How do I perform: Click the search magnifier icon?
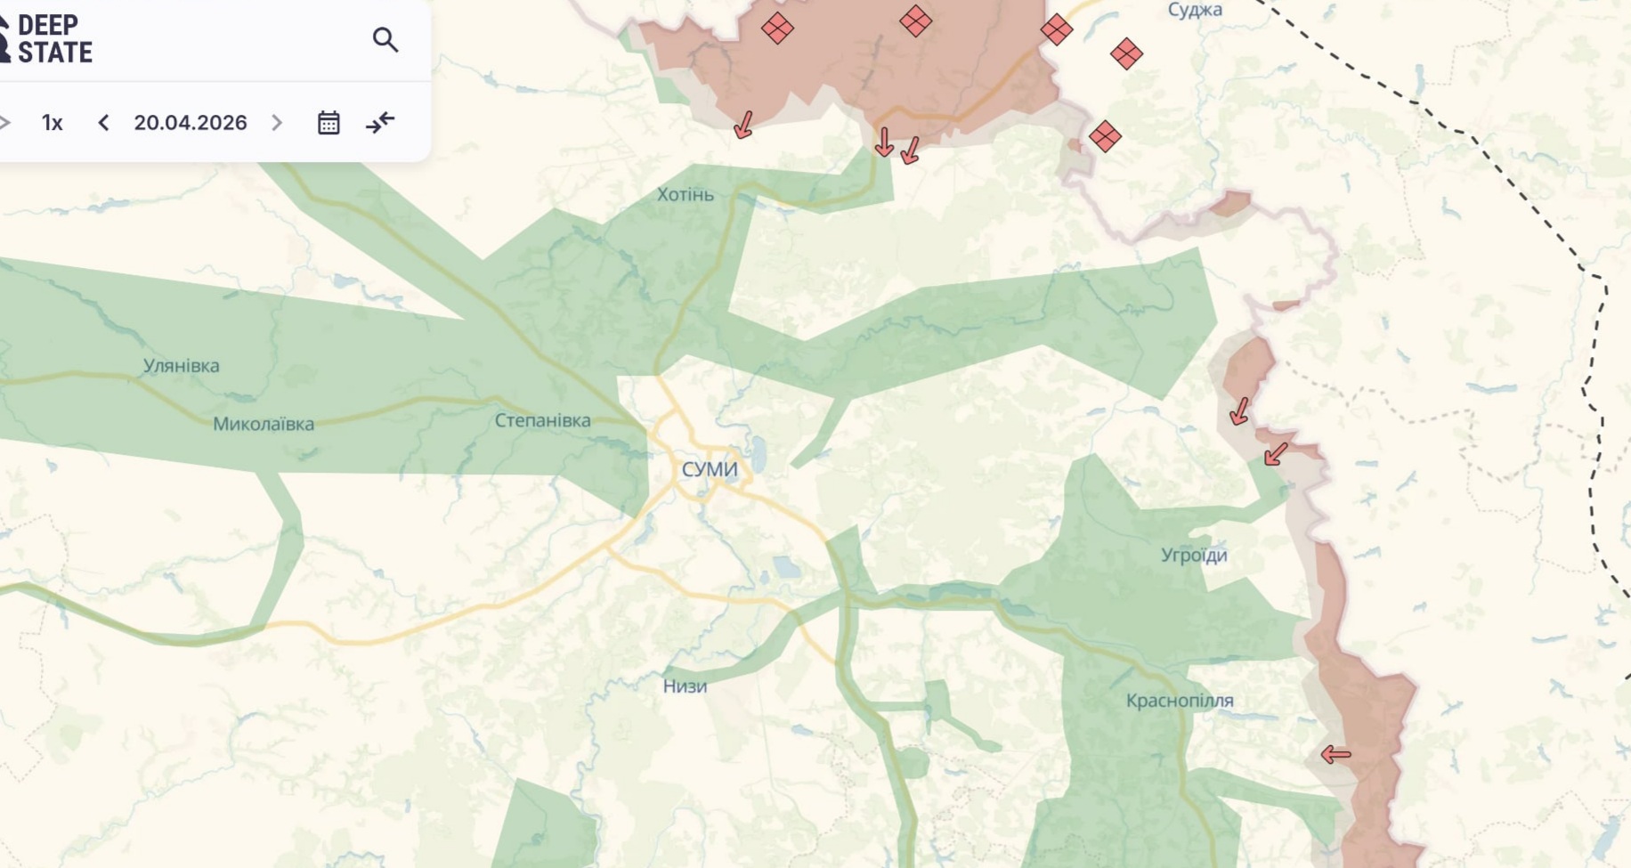pyautogui.click(x=385, y=40)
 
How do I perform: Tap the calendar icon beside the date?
pyautogui.click(x=329, y=123)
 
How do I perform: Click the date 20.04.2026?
pyautogui.click(x=191, y=123)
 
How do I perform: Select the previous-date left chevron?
pyautogui.click(x=103, y=123)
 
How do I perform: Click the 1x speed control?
pyautogui.click(x=53, y=123)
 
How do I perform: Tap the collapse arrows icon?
pyautogui.click(x=380, y=123)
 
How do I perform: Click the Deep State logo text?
pyautogui.click(x=53, y=39)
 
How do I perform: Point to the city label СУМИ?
pyautogui.click(x=710, y=469)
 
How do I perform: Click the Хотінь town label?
pyautogui.click(x=686, y=194)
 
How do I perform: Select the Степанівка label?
pyautogui.click(x=542, y=420)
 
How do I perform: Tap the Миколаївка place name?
pyautogui.click(x=264, y=425)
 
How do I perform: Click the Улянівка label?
pyautogui.click(x=182, y=366)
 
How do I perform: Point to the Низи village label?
pyautogui.click(x=685, y=686)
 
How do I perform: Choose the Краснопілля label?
pyautogui.click(x=1180, y=701)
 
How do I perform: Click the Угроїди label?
pyautogui.click(x=1194, y=556)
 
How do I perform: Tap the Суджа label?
pyautogui.click(x=1195, y=10)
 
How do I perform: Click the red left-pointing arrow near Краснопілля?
pyautogui.click(x=1335, y=755)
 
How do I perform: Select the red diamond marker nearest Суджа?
pyautogui.click(x=1126, y=54)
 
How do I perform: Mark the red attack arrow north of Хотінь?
pyautogui.click(x=743, y=125)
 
